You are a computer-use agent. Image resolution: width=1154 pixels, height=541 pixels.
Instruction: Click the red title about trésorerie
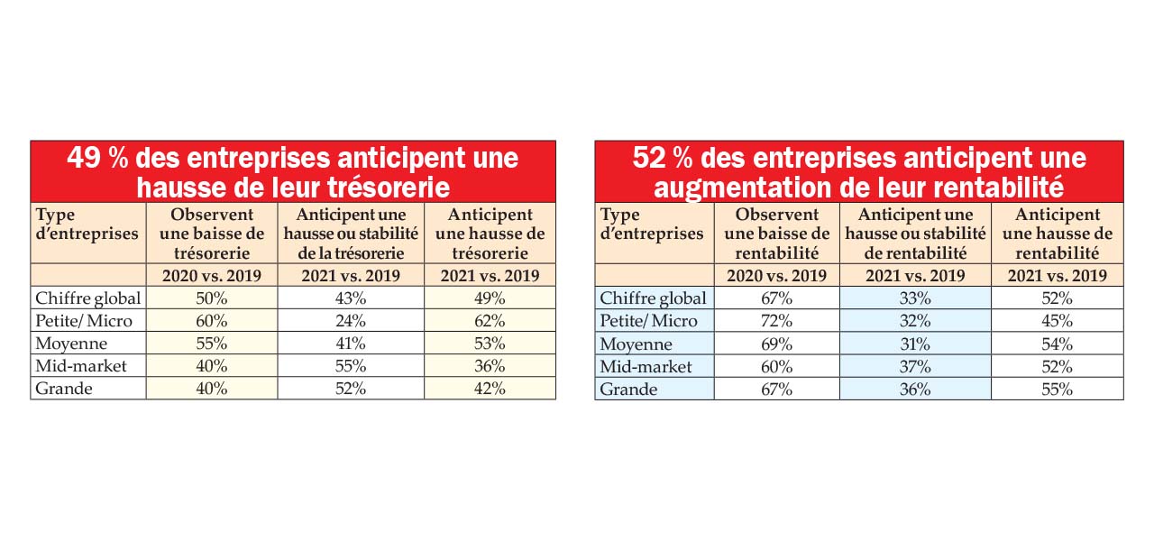tap(293, 171)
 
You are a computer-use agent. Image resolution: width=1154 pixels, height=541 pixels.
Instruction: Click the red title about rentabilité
tap(859, 171)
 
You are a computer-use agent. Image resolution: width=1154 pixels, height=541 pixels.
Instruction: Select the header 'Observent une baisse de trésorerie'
tap(211, 233)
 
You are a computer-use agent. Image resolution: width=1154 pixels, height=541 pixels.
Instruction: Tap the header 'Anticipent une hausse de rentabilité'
tap(1057, 233)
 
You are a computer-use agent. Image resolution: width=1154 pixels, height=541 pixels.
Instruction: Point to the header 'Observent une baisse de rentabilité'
tap(776, 233)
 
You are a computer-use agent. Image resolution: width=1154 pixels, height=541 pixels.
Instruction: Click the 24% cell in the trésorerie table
tap(350, 320)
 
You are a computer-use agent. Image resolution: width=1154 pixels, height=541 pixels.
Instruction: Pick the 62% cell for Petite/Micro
tap(489, 320)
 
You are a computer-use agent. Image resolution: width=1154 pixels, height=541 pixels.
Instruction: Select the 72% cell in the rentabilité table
tap(776, 320)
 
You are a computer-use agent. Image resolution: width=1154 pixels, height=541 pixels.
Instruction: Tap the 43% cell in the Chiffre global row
tap(350, 298)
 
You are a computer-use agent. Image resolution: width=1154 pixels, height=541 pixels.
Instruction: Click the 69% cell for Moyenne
tap(776, 344)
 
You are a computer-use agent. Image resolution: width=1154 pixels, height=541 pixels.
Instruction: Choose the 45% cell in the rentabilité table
tap(1057, 320)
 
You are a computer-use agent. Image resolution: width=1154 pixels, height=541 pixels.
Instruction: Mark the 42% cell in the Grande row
tap(489, 389)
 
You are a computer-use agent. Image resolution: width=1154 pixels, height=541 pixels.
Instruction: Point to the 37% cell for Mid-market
tap(915, 366)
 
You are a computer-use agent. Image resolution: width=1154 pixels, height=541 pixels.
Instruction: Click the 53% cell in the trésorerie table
tap(489, 344)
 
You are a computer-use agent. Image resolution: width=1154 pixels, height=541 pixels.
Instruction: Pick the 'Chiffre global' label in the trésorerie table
tap(87, 298)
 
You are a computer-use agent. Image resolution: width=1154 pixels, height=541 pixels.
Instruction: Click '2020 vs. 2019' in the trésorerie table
tap(211, 276)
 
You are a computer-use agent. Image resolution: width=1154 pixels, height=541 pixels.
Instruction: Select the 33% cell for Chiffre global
tap(915, 298)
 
